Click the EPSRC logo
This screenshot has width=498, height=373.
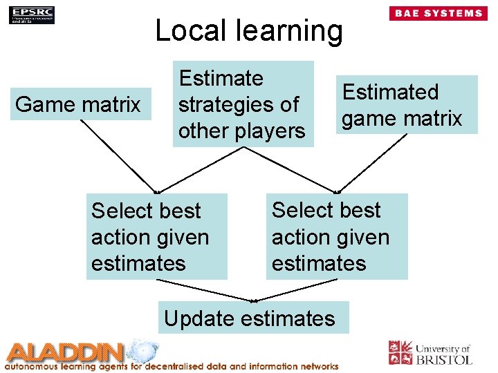tap(32, 15)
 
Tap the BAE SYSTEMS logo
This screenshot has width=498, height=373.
tap(438, 13)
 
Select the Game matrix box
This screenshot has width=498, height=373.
tap(79, 105)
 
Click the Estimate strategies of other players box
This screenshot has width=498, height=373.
tap(242, 104)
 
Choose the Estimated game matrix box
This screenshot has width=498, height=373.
tap(402, 105)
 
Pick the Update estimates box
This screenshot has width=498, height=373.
tap(250, 318)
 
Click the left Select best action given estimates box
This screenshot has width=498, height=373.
tap(156, 237)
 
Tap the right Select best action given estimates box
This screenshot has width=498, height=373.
tap(337, 237)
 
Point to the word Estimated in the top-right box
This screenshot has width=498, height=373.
tap(391, 92)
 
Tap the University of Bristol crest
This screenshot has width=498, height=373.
tap(400, 352)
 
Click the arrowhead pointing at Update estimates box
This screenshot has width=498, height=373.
tap(254, 301)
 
